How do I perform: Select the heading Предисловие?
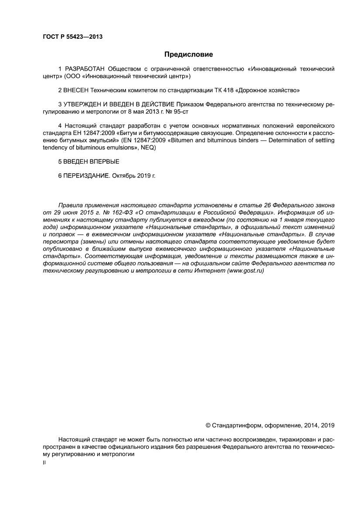188,54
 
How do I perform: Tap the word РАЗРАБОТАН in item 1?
85,69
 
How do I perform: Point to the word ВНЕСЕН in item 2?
77,90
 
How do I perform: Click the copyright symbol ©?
208,425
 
